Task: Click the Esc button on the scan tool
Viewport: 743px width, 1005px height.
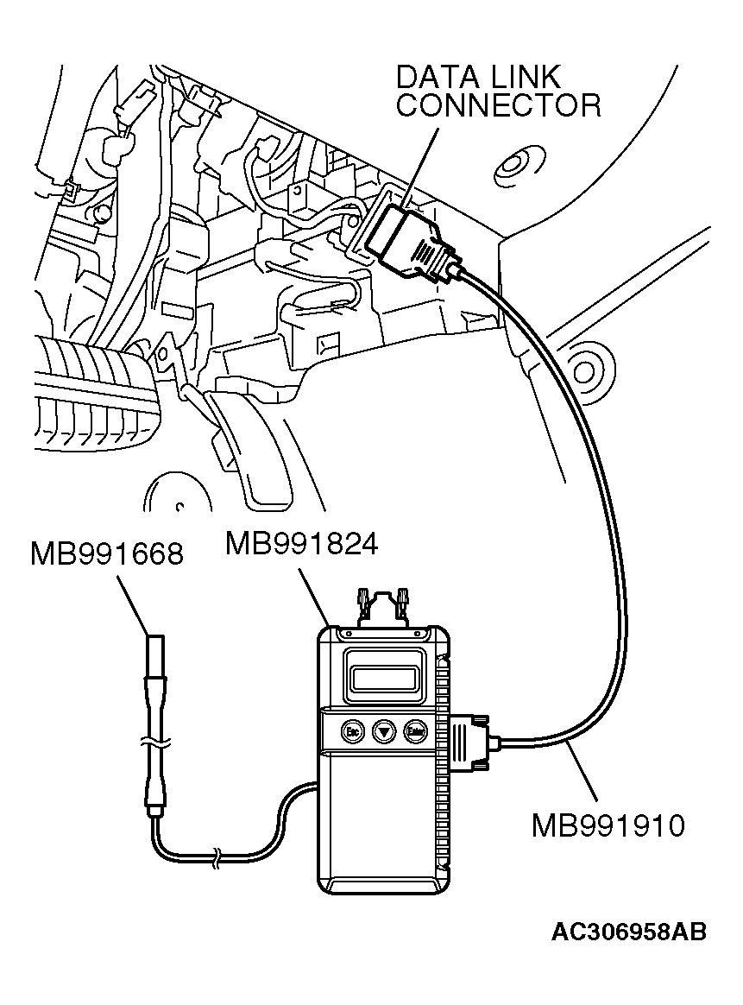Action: click(351, 731)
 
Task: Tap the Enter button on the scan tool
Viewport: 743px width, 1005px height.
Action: click(416, 731)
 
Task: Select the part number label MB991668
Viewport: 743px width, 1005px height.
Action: click(106, 553)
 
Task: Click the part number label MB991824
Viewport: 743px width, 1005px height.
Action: click(301, 545)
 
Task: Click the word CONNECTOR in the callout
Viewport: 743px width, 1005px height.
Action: click(498, 105)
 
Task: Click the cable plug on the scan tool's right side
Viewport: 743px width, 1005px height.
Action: click(470, 739)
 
